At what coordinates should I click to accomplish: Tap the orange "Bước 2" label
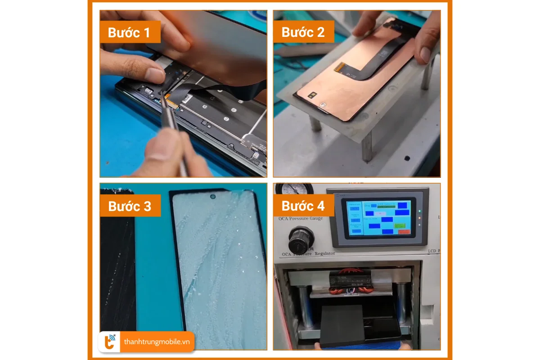[303, 32]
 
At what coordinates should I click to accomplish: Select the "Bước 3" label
[130, 206]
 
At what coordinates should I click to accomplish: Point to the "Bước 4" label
[303, 206]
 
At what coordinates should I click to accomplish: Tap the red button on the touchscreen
[404, 232]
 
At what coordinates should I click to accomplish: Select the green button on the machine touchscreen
[399, 225]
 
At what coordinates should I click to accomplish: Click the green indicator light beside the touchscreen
[419, 211]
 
